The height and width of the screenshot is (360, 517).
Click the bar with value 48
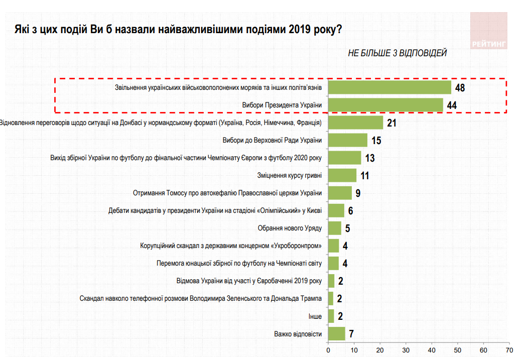pyautogui.click(x=389, y=87)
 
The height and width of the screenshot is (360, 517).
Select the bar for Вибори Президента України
pyautogui.click(x=385, y=105)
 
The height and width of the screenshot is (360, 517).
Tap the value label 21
pyautogui.click(x=392, y=123)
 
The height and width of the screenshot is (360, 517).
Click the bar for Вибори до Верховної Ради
pyautogui.click(x=347, y=140)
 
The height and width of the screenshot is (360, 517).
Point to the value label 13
pyautogui.click(x=370, y=158)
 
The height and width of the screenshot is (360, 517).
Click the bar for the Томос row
pyautogui.click(x=340, y=193)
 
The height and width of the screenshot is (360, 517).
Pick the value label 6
pyautogui.click(x=351, y=211)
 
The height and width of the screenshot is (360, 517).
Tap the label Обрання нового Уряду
pyautogui.click(x=290, y=228)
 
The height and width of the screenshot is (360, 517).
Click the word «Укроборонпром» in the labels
pyautogui.click(x=298, y=246)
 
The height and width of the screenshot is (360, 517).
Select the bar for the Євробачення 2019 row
pyautogui.click(x=331, y=281)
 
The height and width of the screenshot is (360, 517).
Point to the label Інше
pyautogui.click(x=315, y=316)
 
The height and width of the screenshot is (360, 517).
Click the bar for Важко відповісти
pyautogui.click(x=336, y=333)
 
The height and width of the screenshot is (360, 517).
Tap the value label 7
pyautogui.click(x=351, y=334)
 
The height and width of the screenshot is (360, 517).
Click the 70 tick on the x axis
pyautogui.click(x=509, y=350)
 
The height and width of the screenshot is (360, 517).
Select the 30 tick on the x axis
pyautogui.click(x=406, y=350)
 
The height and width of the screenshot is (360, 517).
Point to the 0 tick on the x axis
pyautogui.click(x=328, y=350)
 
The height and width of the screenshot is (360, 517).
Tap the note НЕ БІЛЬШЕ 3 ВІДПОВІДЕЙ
pyautogui.click(x=397, y=53)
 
